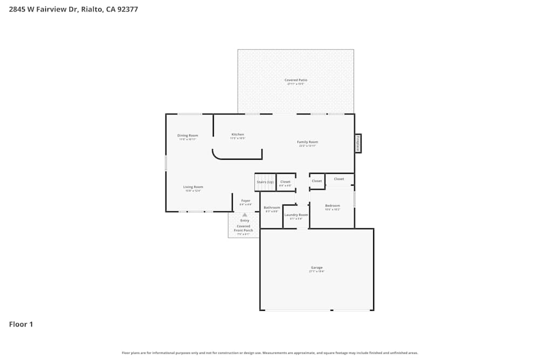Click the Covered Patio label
click(296, 80)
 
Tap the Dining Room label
click(187, 135)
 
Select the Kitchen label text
click(238, 134)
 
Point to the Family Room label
click(307, 142)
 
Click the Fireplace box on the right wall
click(357, 143)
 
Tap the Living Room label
click(193, 187)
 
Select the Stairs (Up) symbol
click(265, 181)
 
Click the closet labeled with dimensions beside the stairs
click(285, 183)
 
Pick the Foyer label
click(246, 201)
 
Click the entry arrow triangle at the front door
click(245, 214)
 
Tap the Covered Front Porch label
click(244, 228)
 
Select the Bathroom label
click(272, 208)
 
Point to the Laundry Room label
click(296, 215)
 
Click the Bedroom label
click(332, 206)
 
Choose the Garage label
click(316, 268)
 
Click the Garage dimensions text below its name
click(316, 271)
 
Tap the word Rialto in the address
click(92, 9)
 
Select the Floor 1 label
click(21, 324)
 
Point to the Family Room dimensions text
click(307, 146)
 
